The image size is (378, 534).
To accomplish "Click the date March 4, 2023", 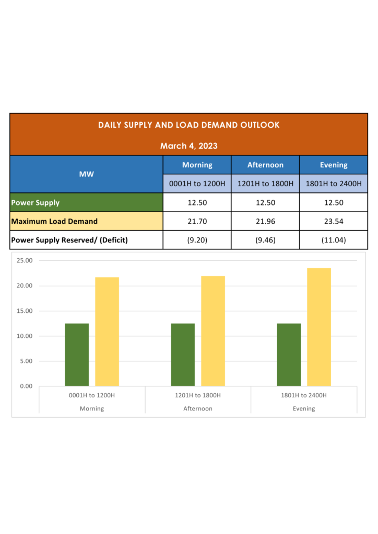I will (x=188, y=146).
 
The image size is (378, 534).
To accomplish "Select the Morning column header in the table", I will (x=197, y=165).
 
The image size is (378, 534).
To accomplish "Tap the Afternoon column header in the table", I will (x=265, y=165).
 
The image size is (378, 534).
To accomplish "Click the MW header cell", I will (x=87, y=174).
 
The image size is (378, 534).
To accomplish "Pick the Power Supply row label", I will (x=36, y=202).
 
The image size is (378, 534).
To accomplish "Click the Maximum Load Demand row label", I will (x=54, y=221).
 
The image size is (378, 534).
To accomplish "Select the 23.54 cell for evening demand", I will (x=333, y=221).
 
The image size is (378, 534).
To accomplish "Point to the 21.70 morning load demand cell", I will (x=197, y=221).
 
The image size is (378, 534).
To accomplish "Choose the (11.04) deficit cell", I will (x=333, y=240).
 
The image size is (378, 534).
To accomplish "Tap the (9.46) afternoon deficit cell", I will (x=265, y=240).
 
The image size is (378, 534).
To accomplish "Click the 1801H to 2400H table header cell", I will (x=333, y=184).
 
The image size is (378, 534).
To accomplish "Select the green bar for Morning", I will (x=77, y=355).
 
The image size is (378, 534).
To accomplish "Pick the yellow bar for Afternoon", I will (x=213, y=331).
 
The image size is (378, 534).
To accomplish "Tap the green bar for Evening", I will (x=289, y=355).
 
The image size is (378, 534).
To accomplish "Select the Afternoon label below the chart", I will (x=198, y=409).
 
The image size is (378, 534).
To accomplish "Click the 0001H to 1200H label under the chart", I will (x=92, y=395).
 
